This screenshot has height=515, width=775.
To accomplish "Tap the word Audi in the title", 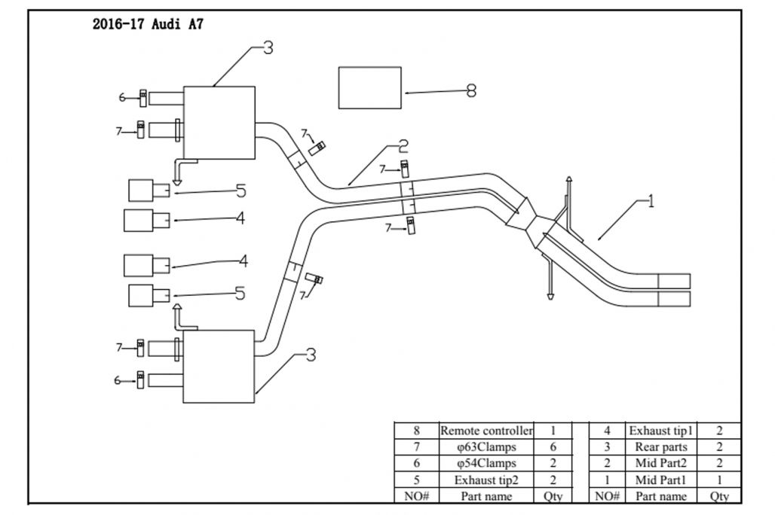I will [x=170, y=23].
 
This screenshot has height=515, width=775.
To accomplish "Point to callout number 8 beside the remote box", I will [x=472, y=91].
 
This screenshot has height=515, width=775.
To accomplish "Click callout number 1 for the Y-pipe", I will [x=650, y=203].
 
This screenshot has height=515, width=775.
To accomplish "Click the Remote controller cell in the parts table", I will [x=486, y=431].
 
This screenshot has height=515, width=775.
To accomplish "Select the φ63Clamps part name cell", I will [x=486, y=447].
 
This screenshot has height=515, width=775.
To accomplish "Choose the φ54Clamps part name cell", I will [x=486, y=463].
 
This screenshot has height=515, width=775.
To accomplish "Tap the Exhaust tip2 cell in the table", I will [x=486, y=480].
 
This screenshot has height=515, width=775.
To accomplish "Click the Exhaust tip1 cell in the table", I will [x=661, y=431].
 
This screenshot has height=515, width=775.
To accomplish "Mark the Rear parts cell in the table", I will [x=661, y=447].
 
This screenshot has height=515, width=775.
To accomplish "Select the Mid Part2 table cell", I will [x=661, y=463].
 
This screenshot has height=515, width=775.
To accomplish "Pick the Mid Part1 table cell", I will [x=661, y=480].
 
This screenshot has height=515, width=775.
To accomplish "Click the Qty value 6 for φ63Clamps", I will [x=553, y=447].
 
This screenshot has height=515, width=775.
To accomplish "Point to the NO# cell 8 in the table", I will [x=416, y=431].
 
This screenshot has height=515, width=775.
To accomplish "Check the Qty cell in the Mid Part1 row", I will [x=719, y=480].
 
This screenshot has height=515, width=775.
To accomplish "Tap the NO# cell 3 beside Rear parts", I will [x=607, y=447].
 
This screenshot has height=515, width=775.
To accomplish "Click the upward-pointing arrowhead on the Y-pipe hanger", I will [x=569, y=176].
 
